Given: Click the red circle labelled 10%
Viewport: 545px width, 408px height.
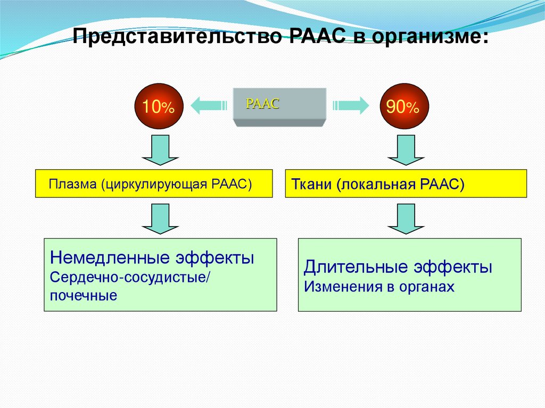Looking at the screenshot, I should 158,107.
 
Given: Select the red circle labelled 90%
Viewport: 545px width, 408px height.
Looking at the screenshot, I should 403,107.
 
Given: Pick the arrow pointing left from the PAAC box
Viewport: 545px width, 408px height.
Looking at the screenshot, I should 205,105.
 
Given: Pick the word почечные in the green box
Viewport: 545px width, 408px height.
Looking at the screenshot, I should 84,296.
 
